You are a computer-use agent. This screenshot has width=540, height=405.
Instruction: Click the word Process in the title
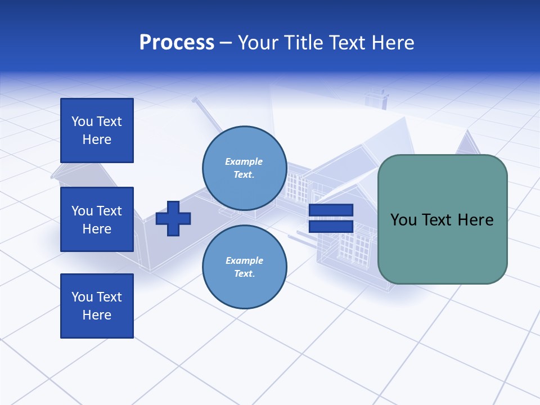coord(177,43)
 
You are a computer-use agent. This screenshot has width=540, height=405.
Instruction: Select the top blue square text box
coord(97,130)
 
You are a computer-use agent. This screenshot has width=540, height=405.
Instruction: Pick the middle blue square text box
coord(97,219)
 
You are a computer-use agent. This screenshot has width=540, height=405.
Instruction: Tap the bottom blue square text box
coord(97,306)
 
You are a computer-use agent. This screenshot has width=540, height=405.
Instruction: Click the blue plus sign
coord(173,218)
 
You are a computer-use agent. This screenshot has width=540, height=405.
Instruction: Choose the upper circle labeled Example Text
coord(244,168)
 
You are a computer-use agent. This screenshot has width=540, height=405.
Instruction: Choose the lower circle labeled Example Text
coord(244,267)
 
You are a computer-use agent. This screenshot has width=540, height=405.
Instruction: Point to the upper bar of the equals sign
coord(331,210)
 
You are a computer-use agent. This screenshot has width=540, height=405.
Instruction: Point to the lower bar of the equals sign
coord(331,226)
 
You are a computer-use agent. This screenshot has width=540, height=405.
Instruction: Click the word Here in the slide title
coord(393,43)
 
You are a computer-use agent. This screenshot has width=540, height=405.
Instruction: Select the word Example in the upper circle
coord(244,161)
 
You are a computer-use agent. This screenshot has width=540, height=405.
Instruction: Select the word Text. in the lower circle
coord(244,274)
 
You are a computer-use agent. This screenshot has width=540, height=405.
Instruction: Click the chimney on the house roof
coord(376,98)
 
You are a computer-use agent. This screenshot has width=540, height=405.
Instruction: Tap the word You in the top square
coord(82,121)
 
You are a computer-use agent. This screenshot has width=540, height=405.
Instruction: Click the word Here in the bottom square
coord(97,315)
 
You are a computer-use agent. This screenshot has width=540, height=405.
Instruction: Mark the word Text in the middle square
coord(110,211)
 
